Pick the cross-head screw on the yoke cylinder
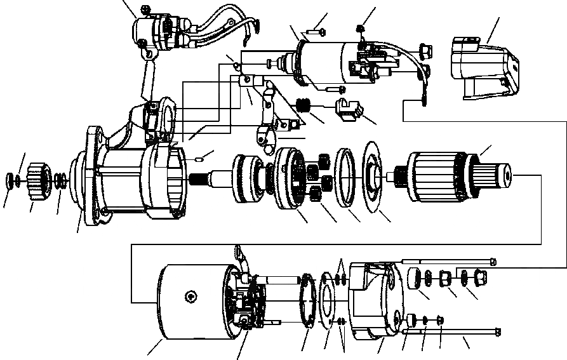(190, 297)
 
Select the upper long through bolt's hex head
(493, 260)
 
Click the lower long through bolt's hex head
(497, 331)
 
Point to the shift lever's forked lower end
(265, 135)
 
